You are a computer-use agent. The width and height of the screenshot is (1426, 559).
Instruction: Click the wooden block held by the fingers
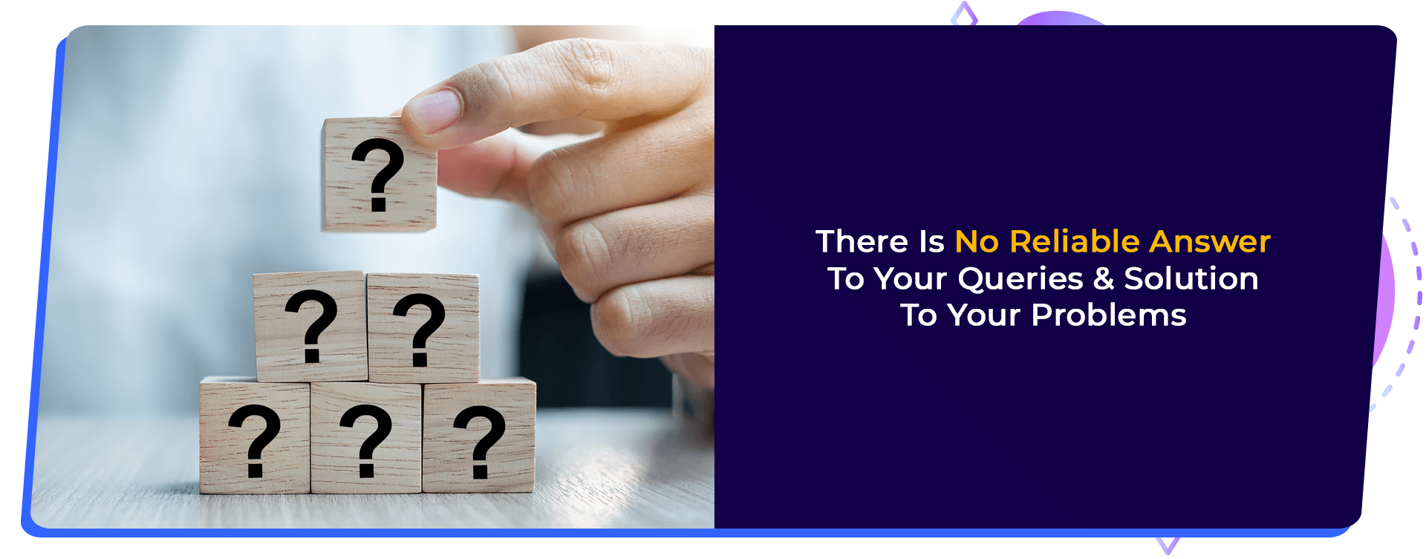click(x=379, y=174)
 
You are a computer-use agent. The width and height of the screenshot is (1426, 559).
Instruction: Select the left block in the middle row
click(x=310, y=327)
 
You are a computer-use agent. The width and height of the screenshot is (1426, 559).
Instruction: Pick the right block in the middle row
click(x=423, y=328)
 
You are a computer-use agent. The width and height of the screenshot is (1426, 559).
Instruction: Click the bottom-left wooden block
click(x=255, y=437)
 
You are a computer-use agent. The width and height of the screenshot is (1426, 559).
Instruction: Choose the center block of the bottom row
click(x=366, y=438)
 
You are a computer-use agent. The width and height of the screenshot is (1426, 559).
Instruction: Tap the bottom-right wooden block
click(x=479, y=437)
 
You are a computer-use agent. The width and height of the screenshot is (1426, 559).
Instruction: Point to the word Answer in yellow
click(x=1210, y=242)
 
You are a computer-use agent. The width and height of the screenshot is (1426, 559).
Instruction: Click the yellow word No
click(x=977, y=242)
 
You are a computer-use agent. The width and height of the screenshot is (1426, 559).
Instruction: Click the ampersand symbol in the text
click(x=1104, y=279)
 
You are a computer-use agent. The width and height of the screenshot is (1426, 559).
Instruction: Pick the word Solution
click(x=1191, y=278)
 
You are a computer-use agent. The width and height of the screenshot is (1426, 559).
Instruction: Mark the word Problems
click(x=1109, y=316)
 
